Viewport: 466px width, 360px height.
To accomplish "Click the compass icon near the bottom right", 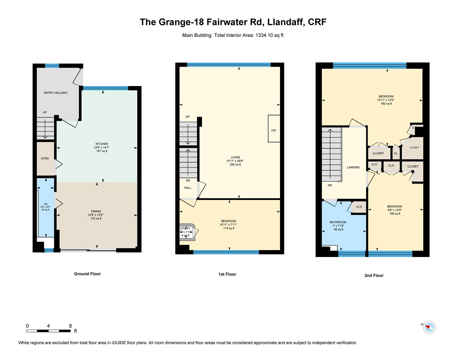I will click(429, 327).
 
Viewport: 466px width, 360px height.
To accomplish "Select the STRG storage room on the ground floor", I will click(45, 159).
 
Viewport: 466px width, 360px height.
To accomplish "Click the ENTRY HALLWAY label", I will click(56, 93).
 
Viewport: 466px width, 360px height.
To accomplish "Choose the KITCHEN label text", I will click(102, 144).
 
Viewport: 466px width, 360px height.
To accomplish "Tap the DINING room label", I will click(96, 211).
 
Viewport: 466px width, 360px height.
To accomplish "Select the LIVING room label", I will click(235, 157).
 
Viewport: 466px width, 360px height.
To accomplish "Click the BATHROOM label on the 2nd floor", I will click(338, 222).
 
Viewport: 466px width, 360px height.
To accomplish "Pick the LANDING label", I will click(353, 167).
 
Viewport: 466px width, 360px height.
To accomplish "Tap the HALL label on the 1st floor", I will click(188, 188).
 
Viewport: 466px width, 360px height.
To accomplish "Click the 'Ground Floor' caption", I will click(87, 274).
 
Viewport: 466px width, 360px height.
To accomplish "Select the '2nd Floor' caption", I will click(374, 275).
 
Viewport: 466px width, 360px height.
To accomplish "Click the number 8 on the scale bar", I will click(70, 326).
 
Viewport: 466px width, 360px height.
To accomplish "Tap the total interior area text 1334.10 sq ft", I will click(269, 35).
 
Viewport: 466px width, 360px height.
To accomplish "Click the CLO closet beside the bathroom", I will click(359, 207).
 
